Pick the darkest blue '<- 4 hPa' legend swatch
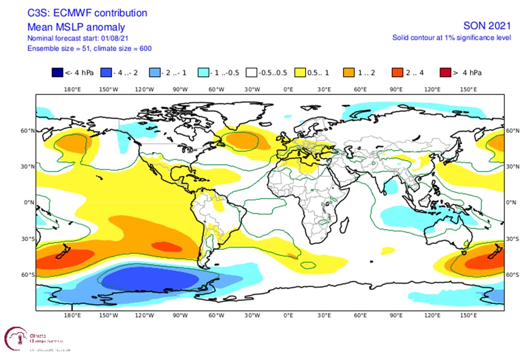[57, 73]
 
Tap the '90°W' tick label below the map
[180, 315]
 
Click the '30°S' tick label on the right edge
[512, 239]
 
